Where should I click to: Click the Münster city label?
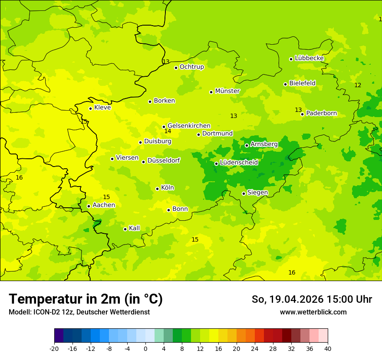[x=227, y=91]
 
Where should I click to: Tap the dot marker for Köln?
[x=157, y=189]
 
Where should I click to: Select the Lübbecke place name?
[x=310, y=58]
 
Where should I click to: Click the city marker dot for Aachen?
[x=89, y=206]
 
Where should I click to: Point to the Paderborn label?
[x=322, y=113]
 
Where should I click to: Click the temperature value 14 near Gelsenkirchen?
[x=168, y=131]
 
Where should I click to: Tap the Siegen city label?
[x=257, y=193]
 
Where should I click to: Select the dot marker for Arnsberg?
[x=247, y=145]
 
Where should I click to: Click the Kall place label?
[x=135, y=228]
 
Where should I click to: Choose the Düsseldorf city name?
[x=164, y=160]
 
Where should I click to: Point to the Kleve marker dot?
[x=90, y=108]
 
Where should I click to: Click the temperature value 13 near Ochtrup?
[x=166, y=62]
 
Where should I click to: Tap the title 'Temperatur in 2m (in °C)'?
[x=86, y=299]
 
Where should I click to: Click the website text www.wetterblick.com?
[x=313, y=312]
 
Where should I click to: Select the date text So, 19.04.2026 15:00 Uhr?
[x=312, y=299]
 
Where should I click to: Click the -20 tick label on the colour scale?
[x=54, y=349]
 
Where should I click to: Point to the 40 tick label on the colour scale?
[x=328, y=349]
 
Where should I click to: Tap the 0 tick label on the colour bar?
[x=145, y=349]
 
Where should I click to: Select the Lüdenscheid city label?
[x=239, y=163]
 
